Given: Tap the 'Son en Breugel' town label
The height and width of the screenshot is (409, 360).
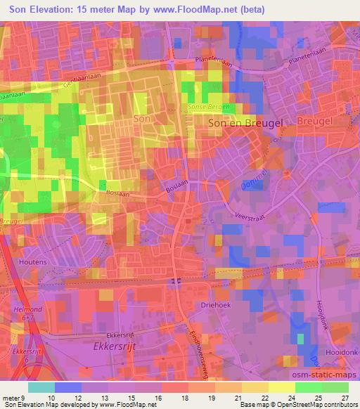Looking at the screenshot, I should coord(242,122).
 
